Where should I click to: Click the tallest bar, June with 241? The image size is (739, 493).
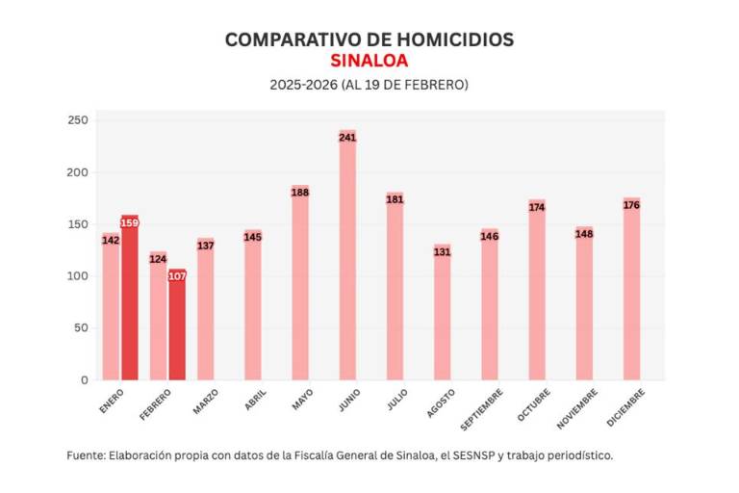347,260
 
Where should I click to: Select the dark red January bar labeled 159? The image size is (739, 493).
130,298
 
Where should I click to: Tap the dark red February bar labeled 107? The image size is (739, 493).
177,327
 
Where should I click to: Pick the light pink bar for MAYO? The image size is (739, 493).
300,284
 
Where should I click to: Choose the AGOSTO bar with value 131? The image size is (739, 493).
442,313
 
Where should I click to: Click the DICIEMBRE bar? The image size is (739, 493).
631,289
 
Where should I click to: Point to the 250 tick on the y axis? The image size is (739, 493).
78,120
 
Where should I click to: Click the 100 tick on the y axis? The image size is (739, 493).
78,276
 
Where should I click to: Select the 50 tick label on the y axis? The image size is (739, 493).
81,328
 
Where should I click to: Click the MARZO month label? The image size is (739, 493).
206,401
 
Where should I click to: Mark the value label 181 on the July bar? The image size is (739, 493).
395,199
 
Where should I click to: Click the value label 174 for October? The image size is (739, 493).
537,207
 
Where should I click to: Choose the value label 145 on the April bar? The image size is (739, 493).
253,237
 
